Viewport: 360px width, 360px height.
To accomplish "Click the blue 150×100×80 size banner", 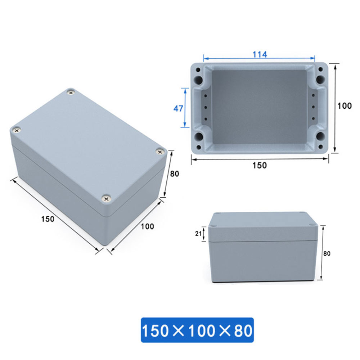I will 197,330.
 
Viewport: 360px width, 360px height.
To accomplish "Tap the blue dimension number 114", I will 259,54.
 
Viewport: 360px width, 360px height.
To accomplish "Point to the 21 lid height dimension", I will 198,234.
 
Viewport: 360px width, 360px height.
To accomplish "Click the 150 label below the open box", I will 259,165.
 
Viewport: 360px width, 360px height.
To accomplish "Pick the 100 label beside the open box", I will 345,106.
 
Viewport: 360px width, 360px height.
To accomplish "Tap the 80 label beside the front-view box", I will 327,253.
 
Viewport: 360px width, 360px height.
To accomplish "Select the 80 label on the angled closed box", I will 174,174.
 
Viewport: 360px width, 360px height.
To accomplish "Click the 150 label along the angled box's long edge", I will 48,219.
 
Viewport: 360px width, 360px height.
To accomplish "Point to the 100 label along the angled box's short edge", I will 147,226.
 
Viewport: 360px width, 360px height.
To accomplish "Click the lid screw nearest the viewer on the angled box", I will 106,198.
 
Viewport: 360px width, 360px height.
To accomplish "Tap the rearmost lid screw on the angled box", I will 71,93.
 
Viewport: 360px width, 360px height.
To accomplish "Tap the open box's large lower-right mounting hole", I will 320,136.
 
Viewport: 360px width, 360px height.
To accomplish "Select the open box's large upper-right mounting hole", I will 320,79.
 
